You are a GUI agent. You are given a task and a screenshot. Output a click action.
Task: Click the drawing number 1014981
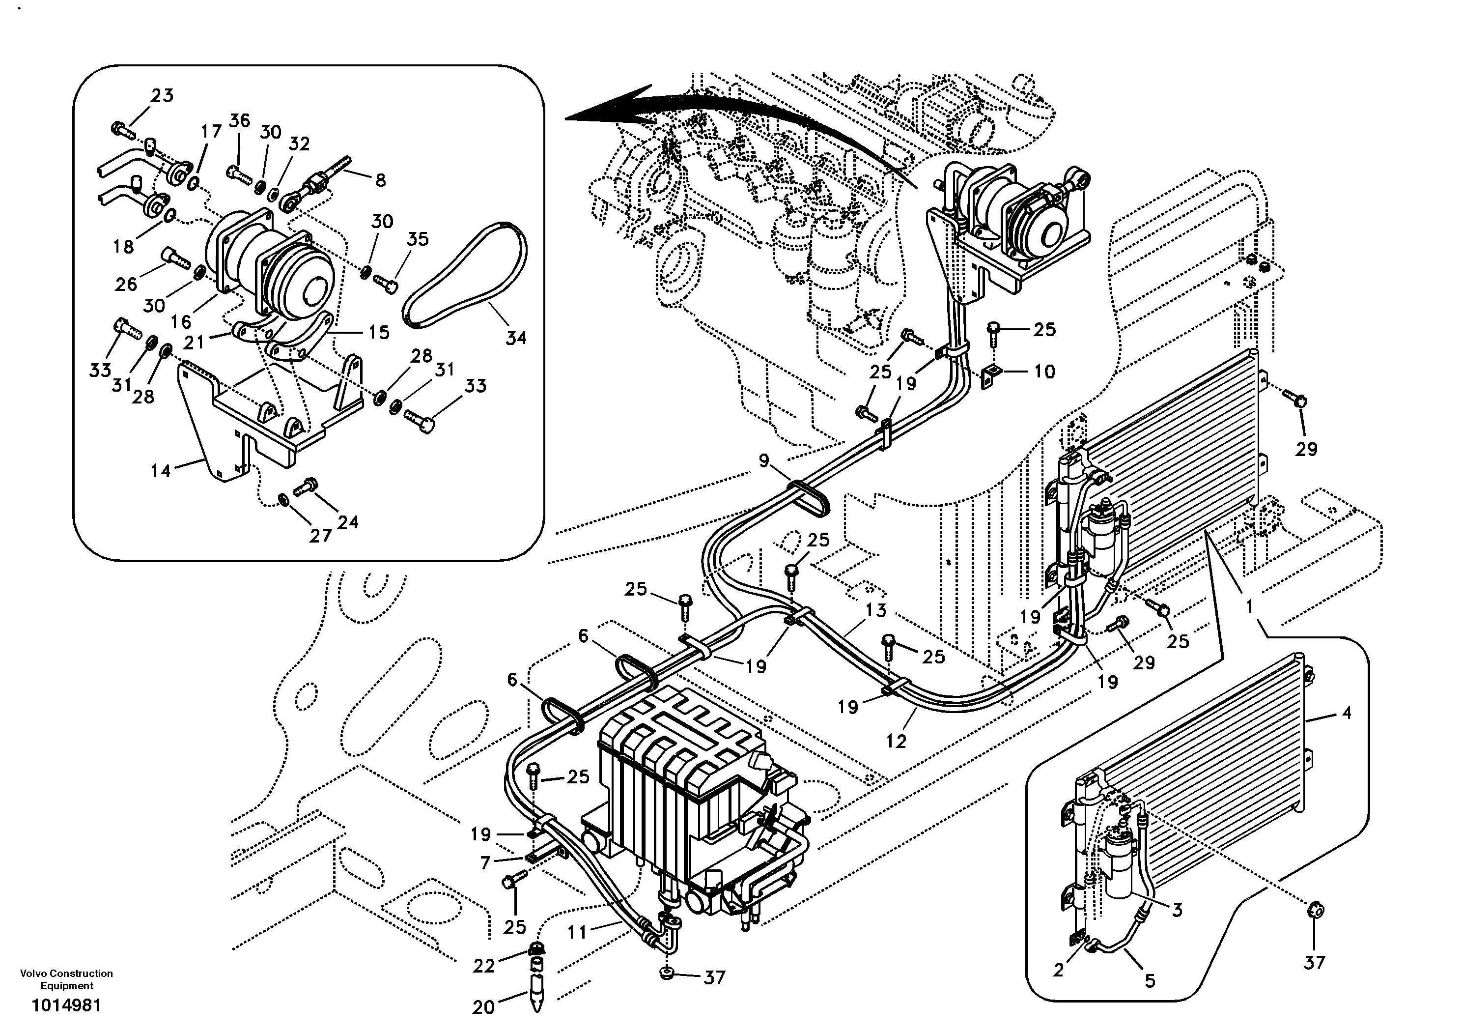pos(66,1006)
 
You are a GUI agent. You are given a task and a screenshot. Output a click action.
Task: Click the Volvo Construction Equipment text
pos(66,979)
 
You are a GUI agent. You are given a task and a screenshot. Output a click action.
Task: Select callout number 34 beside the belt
pos(516,338)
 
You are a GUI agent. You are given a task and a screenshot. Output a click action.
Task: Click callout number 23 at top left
pos(162,95)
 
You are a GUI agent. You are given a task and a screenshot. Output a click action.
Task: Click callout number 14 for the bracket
pos(161,471)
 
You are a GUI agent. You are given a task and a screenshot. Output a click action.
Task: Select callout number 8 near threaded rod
pos(380,180)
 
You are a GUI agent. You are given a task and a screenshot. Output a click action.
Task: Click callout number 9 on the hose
pos(764,460)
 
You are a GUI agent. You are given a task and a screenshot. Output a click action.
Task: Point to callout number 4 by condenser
pos(1346,714)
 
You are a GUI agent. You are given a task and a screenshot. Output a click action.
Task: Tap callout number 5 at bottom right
pos(1150,980)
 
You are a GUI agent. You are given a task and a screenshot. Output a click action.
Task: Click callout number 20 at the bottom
pos(483,1006)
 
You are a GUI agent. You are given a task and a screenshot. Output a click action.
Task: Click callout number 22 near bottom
pos(483,966)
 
